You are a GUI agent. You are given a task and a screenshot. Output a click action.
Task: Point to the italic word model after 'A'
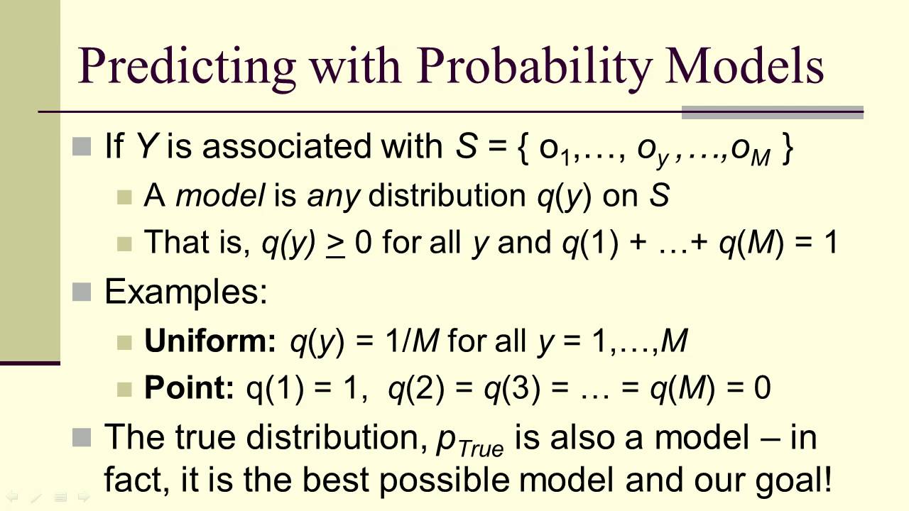[220, 196]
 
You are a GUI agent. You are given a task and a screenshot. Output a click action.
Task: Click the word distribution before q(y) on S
[449, 196]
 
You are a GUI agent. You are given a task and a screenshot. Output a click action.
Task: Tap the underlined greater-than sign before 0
[335, 243]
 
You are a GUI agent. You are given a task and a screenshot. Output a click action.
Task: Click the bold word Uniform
[210, 341]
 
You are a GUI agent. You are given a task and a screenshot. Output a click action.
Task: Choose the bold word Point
[189, 388]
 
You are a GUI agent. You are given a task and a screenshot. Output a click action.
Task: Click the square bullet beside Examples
[83, 292]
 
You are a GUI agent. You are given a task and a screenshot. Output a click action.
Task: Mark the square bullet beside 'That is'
[125, 243]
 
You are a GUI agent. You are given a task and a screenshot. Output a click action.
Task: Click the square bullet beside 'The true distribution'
[83, 437]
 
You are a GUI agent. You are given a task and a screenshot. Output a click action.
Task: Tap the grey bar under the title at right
[772, 112]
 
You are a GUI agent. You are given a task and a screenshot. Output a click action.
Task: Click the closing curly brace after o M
[785, 148]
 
